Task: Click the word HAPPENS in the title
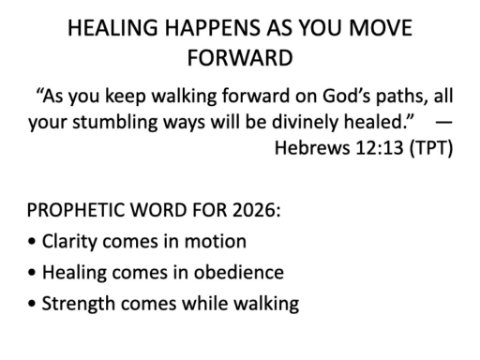pos(212,28)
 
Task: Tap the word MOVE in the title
pos(380,28)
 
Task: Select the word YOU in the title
pos(321,28)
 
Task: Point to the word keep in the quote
pos(126,96)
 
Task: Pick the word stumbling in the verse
pos(115,122)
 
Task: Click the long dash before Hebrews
pos(444,122)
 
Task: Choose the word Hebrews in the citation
pos(313,147)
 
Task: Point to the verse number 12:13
pos(380,147)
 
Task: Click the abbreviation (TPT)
pos(431,148)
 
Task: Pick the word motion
pos(215,241)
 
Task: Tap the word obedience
pos(239,272)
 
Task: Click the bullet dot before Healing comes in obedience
pos(32,273)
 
